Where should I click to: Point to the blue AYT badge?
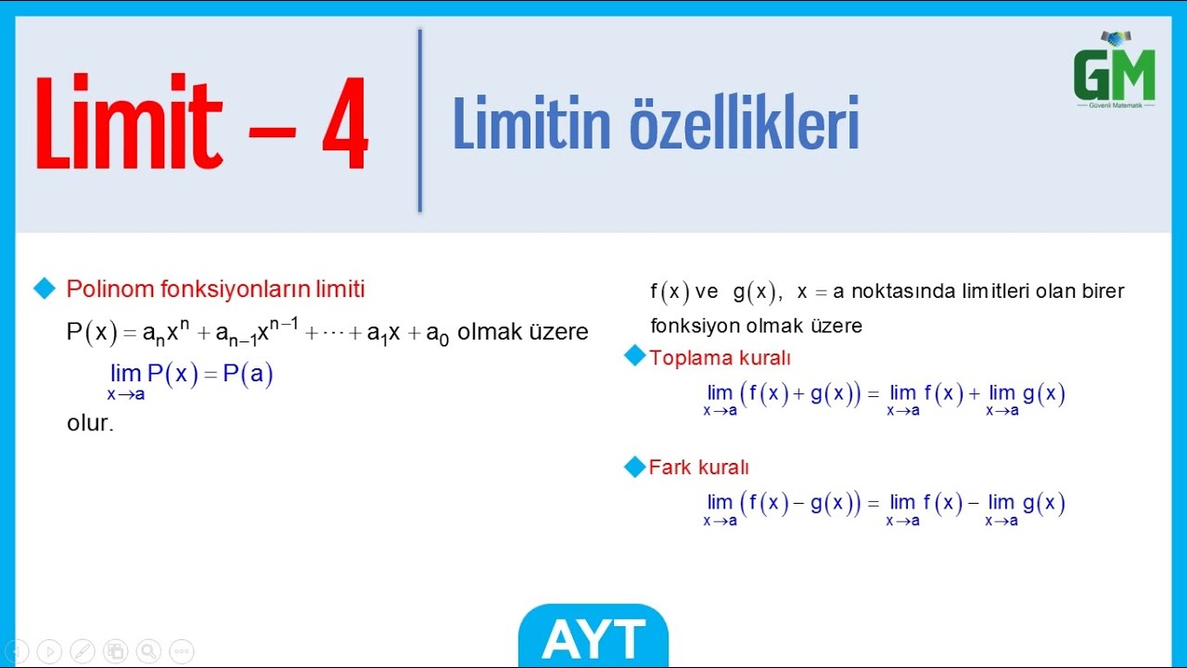coord(593,637)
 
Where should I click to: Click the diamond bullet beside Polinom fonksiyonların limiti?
coord(45,289)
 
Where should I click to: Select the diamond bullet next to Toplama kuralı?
coord(634,356)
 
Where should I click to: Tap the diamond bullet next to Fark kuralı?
coord(634,467)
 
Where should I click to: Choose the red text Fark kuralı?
coord(698,468)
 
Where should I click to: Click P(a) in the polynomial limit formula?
coord(248,374)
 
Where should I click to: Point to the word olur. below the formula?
coord(90,424)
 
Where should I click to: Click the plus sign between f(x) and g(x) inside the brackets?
coord(798,393)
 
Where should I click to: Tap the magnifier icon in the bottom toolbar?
coord(148,651)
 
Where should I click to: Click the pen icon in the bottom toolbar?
coord(83,651)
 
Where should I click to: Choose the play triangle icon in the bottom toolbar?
coord(49,651)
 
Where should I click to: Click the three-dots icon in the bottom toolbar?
coord(182,651)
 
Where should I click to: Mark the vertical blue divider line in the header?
coord(420,121)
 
